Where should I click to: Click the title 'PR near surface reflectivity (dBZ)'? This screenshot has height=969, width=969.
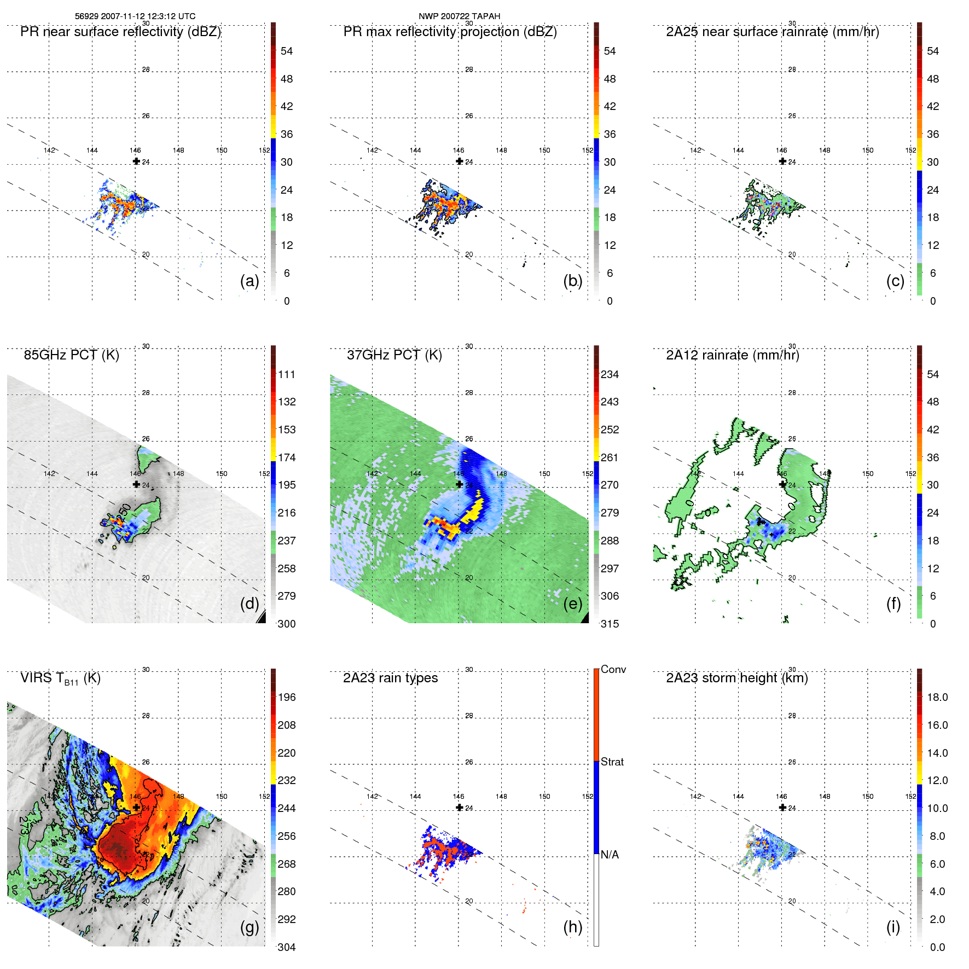point(120,32)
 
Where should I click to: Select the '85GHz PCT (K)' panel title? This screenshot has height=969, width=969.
point(71,355)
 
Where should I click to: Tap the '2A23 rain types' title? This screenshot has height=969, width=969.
point(390,678)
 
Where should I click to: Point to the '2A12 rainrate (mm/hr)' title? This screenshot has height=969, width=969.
point(732,355)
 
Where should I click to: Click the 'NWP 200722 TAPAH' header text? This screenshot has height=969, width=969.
point(459,16)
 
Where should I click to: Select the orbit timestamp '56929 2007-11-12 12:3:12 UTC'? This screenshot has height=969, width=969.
point(135,16)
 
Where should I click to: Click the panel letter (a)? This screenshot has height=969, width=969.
point(249,281)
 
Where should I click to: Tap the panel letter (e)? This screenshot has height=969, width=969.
point(573,604)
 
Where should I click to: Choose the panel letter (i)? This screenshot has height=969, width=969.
point(893,927)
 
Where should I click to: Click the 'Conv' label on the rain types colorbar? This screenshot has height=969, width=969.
point(613,669)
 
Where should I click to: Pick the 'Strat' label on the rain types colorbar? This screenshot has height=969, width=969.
point(612,762)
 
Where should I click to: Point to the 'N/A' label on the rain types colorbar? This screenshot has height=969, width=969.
point(610,855)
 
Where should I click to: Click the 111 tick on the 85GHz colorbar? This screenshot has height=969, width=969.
point(287,374)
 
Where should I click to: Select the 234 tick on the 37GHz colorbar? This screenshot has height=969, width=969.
point(610,374)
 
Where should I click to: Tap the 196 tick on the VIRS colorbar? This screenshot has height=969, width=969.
point(287,697)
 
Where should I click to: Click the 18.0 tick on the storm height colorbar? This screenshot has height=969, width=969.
point(937,697)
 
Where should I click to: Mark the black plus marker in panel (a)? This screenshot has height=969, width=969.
point(136,161)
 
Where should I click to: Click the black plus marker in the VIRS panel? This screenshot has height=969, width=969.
point(136,807)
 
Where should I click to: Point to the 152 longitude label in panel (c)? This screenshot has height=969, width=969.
point(910,150)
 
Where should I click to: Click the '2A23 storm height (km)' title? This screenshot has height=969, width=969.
point(736,678)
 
